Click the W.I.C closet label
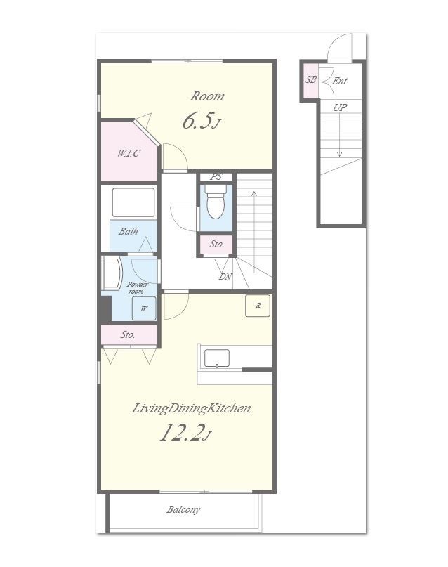(x=129, y=153)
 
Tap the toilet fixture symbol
(x=216, y=202)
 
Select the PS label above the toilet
(x=216, y=176)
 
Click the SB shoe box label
(x=310, y=79)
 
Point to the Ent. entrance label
(x=340, y=81)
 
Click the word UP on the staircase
(x=340, y=107)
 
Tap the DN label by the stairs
(x=225, y=277)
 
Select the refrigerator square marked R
(x=258, y=306)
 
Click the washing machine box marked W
(x=144, y=308)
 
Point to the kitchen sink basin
(x=217, y=358)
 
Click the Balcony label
(x=183, y=510)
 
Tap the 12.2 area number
(x=180, y=432)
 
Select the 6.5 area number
(x=197, y=120)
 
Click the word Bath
(x=129, y=231)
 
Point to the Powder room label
(x=137, y=288)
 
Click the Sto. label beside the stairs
(x=217, y=244)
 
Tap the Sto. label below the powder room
(x=128, y=335)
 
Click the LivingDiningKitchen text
(x=191, y=408)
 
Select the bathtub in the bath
(x=133, y=202)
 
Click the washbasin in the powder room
(x=112, y=273)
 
